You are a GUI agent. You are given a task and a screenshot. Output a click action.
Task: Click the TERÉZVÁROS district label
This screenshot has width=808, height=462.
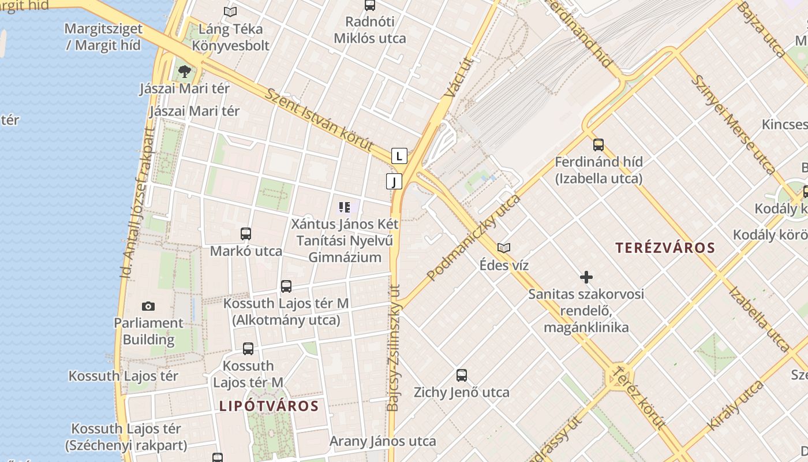coord(665,248)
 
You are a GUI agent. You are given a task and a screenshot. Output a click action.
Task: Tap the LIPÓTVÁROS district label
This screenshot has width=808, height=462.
coord(269,406)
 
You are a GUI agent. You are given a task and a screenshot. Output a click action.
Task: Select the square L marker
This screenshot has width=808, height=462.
coord(399,156)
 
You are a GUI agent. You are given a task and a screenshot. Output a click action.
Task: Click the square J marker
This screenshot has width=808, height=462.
coord(394,182)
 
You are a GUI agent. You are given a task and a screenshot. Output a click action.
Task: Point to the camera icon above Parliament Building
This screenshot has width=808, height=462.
coord(148,306)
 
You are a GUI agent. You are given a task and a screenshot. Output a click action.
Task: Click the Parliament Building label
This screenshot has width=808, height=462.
coord(148,331)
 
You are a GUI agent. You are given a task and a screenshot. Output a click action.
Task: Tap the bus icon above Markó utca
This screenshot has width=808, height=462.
coord(246,234)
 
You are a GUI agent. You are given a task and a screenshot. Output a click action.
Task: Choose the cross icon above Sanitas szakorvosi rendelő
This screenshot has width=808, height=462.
coord(586,277)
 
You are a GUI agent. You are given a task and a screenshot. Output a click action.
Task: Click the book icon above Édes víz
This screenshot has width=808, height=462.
coord(504,248)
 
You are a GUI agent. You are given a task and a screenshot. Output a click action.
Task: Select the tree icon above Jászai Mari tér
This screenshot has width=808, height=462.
coord(185,72)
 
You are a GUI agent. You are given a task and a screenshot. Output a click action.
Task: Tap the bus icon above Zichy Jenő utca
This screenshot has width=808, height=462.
coord(462,375)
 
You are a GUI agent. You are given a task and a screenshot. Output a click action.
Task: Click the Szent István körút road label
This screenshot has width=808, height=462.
coord(319,120)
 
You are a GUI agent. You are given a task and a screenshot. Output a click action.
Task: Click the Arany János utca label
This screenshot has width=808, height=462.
coord(383,442)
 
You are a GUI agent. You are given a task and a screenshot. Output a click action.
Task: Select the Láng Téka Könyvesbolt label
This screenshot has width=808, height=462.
coord(231,37)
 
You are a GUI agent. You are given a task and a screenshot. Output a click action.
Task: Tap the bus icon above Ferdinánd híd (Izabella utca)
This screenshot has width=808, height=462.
coord(598,144)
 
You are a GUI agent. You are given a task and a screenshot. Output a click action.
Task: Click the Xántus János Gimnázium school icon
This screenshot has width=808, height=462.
coord(345,207)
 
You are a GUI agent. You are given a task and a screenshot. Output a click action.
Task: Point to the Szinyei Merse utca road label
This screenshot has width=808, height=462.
coord(733,124)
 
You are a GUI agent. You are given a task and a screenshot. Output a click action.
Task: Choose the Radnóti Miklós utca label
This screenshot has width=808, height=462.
coord(370,30)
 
